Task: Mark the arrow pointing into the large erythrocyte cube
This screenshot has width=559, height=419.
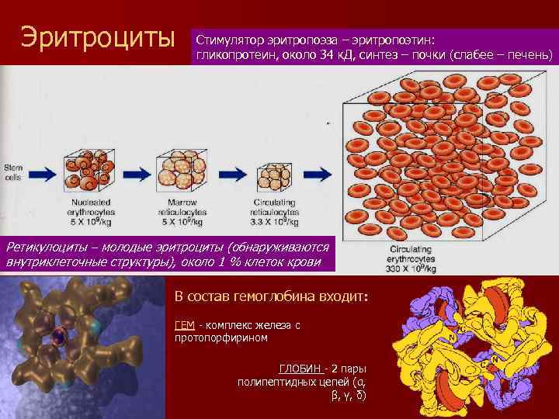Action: click(317, 175)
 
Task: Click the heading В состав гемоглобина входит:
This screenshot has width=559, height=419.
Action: click(270, 297)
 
